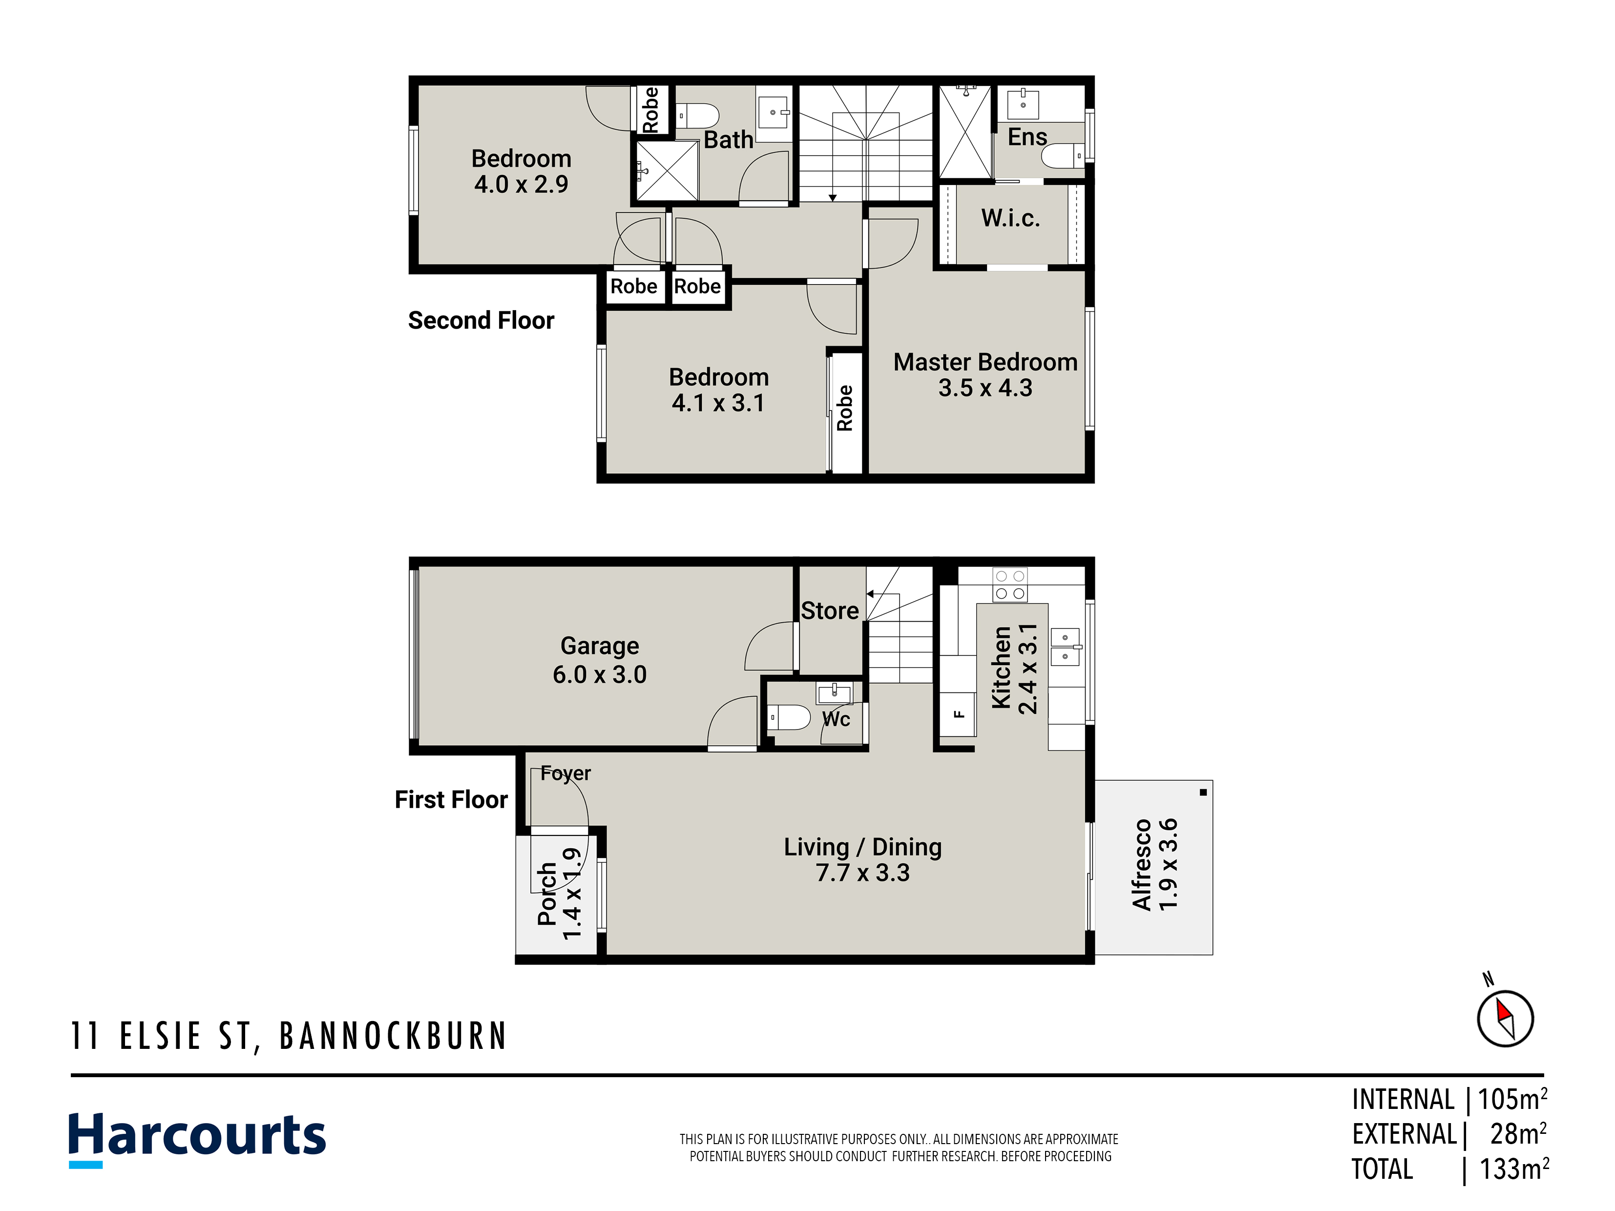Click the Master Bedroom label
[x=985, y=362]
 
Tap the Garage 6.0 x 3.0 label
[x=599, y=660]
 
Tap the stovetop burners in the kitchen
[x=1010, y=585]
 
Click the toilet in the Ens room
[x=1062, y=155]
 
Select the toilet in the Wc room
[x=789, y=717]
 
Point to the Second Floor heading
[x=481, y=320]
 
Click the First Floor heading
[x=451, y=799]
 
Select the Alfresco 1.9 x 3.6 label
[x=1154, y=864]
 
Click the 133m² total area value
[x=1514, y=1169]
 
